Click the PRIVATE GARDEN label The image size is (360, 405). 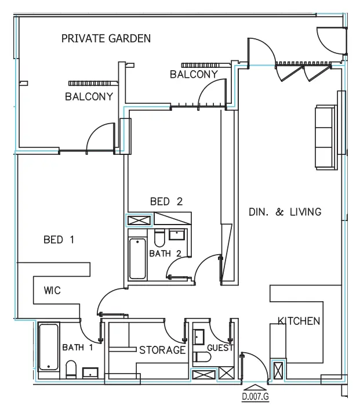tap(106, 39)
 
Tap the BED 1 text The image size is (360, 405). tap(59, 240)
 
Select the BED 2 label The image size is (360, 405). tap(166, 202)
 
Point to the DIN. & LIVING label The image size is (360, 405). tap(285, 212)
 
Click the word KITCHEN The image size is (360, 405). tap(299, 321)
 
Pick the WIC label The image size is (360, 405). tap(52, 290)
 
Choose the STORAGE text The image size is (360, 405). tap(162, 350)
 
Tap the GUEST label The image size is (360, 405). tap(220, 348)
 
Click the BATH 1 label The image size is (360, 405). tap(78, 348)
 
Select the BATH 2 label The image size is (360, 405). tap(165, 254)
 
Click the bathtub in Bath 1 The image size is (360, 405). tap(48, 347)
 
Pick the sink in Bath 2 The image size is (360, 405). tap(176, 235)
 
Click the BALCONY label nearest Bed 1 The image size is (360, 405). tap(89, 97)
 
